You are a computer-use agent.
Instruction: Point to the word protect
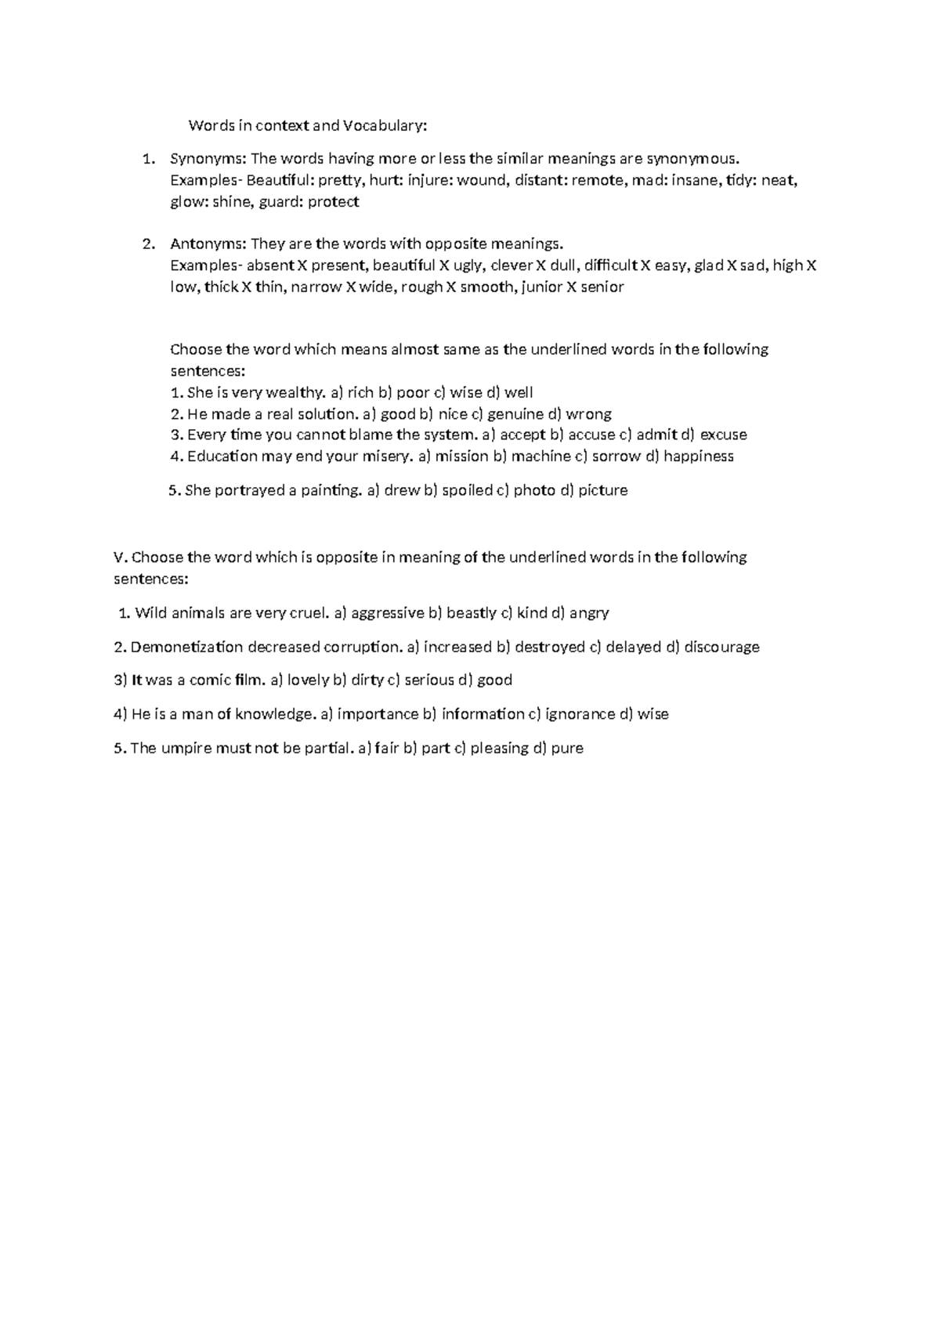click(x=333, y=202)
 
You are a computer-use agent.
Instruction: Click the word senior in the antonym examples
click(x=602, y=287)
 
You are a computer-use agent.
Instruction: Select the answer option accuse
click(x=591, y=435)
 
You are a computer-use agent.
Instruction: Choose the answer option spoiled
click(x=467, y=490)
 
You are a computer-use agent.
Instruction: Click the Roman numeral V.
click(x=119, y=558)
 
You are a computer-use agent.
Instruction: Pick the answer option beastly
click(x=472, y=613)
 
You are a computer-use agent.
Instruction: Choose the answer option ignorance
click(x=580, y=714)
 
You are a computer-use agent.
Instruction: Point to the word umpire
click(x=185, y=748)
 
